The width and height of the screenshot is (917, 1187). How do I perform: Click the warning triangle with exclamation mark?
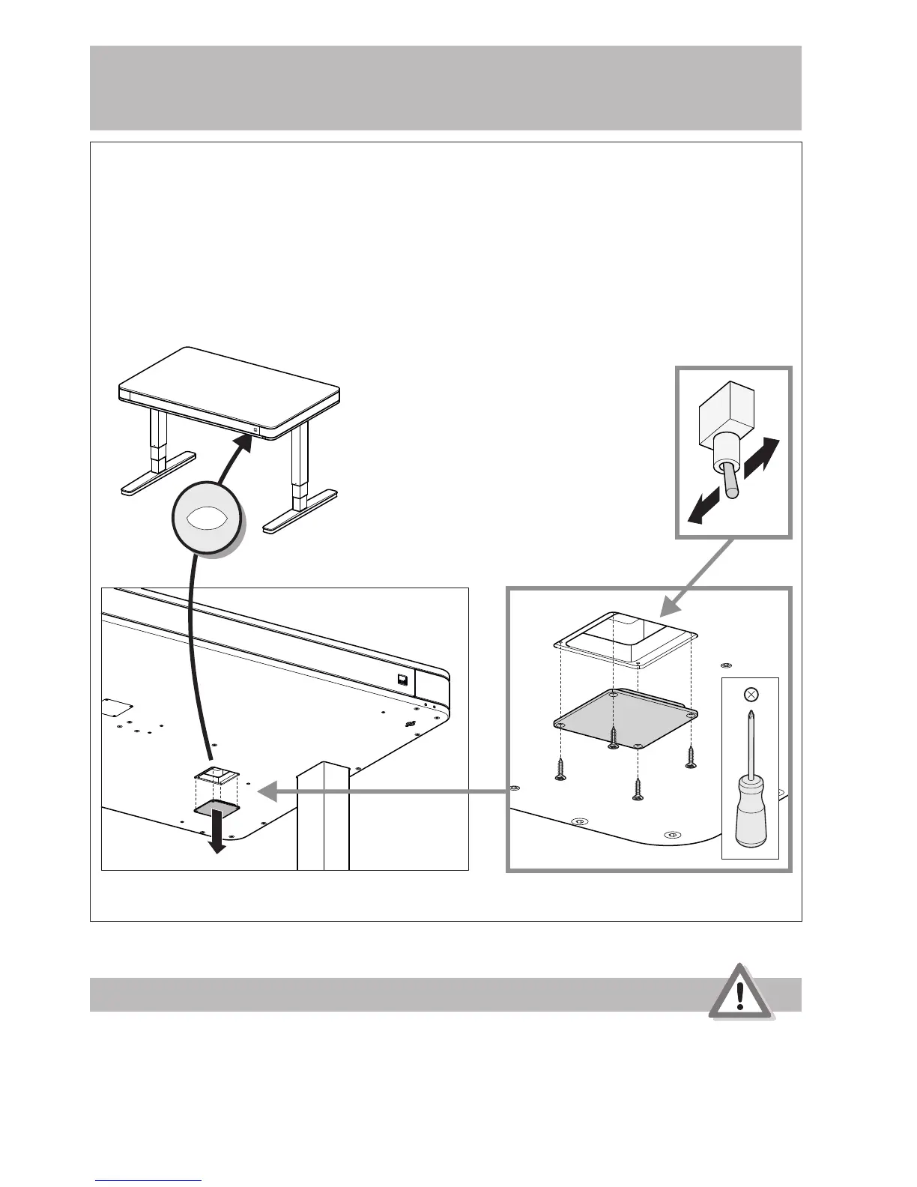(x=740, y=992)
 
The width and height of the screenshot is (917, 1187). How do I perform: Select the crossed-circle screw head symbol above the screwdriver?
(x=751, y=695)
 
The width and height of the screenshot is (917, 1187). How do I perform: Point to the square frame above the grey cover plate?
(x=626, y=637)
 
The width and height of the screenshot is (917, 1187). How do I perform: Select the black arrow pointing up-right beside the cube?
(x=763, y=456)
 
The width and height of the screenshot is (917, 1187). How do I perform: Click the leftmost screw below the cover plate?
(x=560, y=768)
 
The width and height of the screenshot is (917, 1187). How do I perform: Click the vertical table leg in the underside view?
(x=324, y=817)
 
